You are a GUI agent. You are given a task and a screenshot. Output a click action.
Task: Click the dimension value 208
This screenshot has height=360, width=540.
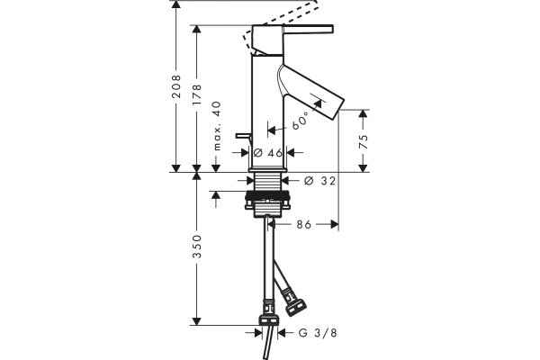point(176,86)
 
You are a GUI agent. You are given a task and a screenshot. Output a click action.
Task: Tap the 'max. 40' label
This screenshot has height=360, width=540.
point(216,126)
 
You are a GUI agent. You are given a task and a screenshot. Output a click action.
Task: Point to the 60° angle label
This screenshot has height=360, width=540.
point(300,121)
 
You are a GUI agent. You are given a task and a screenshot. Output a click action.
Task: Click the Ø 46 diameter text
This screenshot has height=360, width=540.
point(268,153)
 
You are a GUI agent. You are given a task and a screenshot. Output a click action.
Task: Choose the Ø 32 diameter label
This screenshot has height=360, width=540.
point(319,181)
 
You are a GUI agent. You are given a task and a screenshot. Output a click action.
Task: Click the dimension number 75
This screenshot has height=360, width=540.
point(363,141)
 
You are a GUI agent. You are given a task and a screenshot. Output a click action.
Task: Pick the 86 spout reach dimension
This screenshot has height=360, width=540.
point(304,225)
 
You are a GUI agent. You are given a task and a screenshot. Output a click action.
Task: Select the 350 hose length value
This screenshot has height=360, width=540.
point(196,247)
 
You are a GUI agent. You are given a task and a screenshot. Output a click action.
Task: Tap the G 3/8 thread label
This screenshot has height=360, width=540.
point(318,333)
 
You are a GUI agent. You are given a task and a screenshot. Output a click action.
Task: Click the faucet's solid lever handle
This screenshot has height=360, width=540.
point(308,30)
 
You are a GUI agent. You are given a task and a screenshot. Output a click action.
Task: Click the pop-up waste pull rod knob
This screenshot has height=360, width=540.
point(244,135)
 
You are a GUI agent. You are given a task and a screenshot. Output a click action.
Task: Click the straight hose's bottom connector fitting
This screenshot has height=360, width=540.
point(269,315)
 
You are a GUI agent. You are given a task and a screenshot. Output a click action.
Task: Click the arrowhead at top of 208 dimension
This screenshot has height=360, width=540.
point(176,4)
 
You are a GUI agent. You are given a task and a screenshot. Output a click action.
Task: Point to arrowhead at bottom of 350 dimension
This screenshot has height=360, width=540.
point(196,321)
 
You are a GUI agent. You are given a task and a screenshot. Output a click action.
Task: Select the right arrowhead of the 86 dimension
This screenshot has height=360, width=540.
point(335,225)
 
